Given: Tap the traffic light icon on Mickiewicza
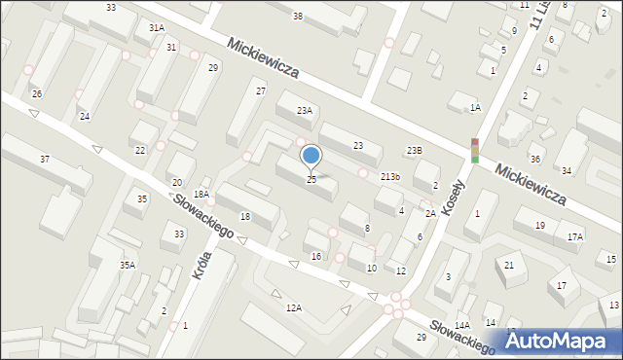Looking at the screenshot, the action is (x=475, y=150).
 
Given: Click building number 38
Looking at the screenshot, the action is (x=297, y=16).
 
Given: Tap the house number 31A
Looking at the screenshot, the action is (x=156, y=28).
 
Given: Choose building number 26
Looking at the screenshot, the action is (x=36, y=93).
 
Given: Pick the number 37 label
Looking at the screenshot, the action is (x=45, y=159).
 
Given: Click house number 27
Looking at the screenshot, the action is (x=261, y=90).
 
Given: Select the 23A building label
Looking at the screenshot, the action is (x=305, y=111).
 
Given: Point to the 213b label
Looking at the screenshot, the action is (x=390, y=177).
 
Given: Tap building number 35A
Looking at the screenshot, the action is (x=128, y=265).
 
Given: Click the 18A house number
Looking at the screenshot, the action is (x=202, y=195).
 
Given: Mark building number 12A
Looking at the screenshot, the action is (x=293, y=307).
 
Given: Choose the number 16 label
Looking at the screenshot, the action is (x=315, y=256).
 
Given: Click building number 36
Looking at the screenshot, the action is (x=534, y=159).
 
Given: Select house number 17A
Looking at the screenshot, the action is (x=575, y=236).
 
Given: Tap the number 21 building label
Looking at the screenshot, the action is (x=508, y=265).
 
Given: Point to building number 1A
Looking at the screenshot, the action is (x=475, y=108).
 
